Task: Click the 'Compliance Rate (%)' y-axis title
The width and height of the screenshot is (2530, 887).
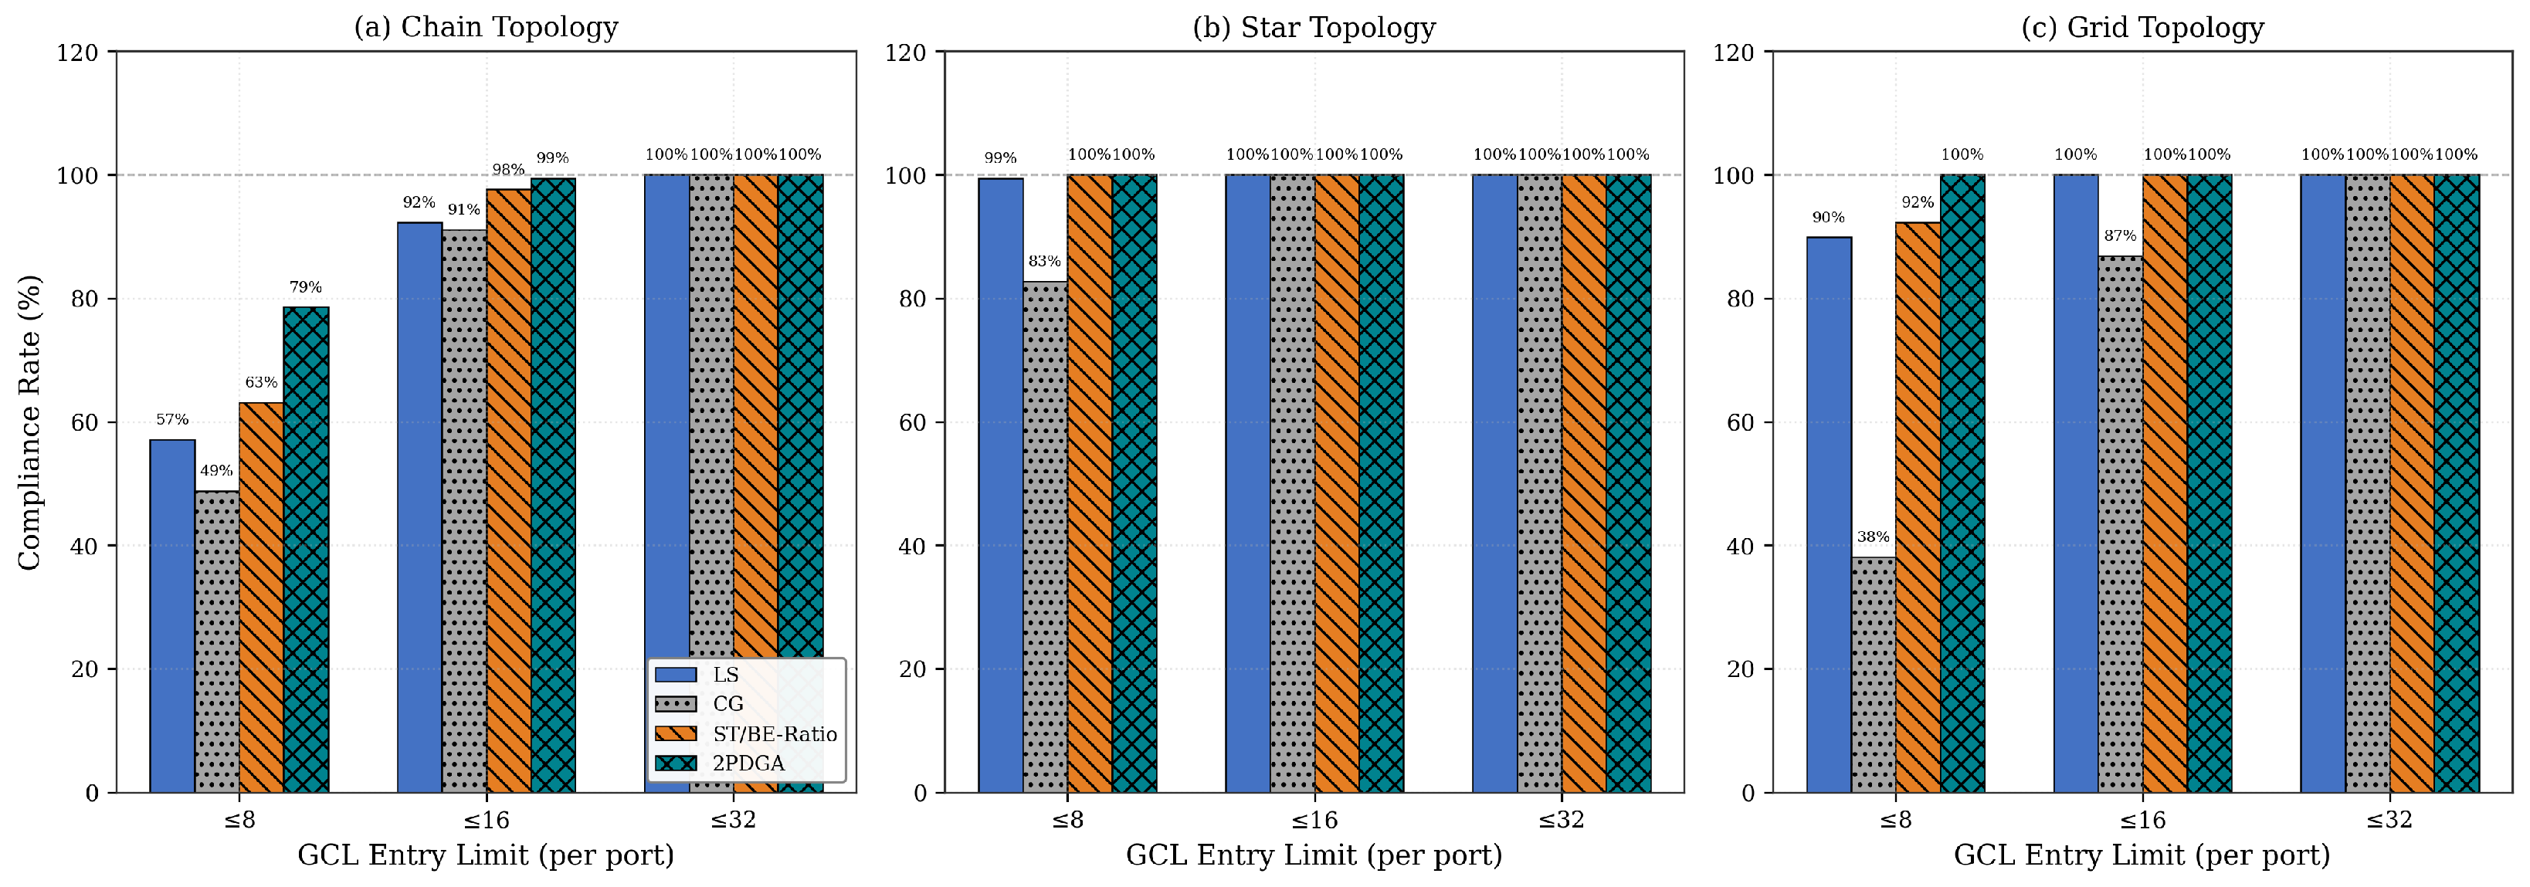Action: coord(29,421)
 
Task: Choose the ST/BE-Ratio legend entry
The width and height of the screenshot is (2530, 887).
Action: coord(747,734)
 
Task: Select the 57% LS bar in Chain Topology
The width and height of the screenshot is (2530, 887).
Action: coord(172,616)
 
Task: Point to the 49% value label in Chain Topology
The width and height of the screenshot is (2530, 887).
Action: coord(216,470)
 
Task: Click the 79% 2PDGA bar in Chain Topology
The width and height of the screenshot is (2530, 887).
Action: coord(306,550)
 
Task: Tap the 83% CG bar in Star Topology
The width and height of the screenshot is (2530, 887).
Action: coord(1045,537)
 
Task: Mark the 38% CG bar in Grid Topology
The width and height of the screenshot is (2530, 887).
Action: coord(1873,675)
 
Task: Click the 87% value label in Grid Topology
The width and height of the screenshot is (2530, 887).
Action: coord(2119,235)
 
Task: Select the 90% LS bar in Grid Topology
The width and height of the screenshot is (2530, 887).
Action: coord(1829,515)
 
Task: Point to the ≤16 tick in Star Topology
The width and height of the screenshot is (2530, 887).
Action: coord(1314,819)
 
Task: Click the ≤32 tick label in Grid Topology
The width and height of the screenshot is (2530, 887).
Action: coord(2389,819)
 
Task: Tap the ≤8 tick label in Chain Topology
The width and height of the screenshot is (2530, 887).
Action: coord(239,819)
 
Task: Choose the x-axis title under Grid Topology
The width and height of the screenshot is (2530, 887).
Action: coord(2142,855)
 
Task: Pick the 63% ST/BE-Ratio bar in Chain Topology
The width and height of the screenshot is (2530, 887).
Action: coord(261,598)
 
